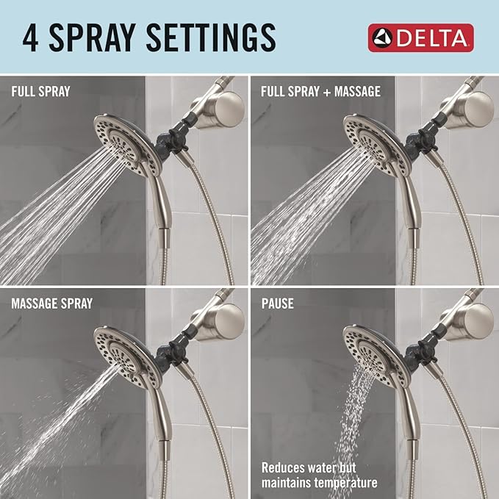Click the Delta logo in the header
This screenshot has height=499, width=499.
click(420, 37)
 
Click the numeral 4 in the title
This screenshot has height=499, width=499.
click(31, 37)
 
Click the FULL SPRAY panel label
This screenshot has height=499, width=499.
click(40, 93)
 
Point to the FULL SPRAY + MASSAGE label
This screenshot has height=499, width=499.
click(321, 93)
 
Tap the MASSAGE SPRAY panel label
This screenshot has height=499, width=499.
click(51, 304)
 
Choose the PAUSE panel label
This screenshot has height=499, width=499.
click(278, 304)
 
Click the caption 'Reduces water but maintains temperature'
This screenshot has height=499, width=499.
click(320, 475)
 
